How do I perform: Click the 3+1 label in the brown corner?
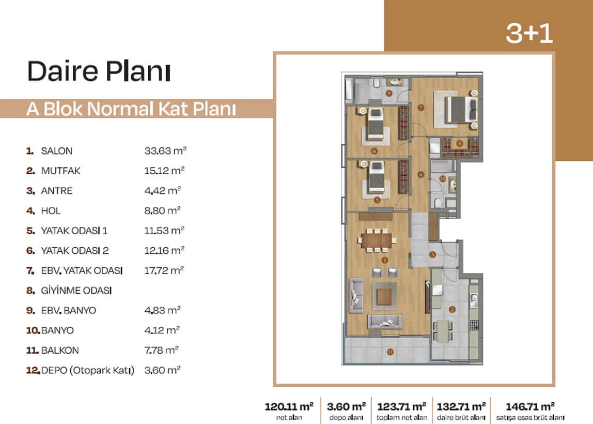[529, 33]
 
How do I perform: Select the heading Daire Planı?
[99, 71]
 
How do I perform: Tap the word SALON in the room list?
[56, 150]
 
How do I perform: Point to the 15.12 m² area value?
[164, 170]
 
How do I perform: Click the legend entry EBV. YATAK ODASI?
[82, 270]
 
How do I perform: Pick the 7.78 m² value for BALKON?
[161, 350]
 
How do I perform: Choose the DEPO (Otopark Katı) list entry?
[87, 370]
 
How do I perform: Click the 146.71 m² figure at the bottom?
[530, 406]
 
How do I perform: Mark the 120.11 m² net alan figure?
[289, 406]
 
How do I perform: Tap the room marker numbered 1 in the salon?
[385, 260]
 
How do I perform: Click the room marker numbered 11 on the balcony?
[391, 352]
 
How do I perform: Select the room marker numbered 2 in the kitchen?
[452, 309]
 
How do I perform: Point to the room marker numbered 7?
[421, 108]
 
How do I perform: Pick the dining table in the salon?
[376, 241]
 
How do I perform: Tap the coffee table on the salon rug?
[384, 297]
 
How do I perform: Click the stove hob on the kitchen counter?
[474, 325]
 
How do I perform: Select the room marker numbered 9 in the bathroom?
[389, 93]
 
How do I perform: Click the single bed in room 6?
[376, 124]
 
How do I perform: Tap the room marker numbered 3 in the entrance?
[432, 255]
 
